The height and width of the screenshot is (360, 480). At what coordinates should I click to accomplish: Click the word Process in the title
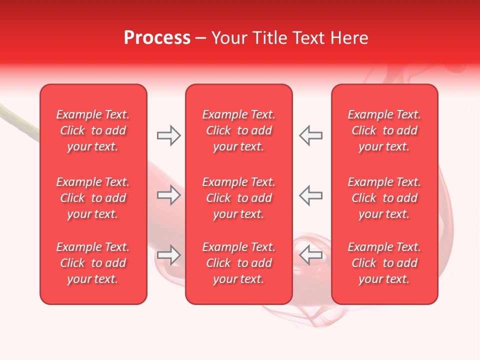[x=157, y=38]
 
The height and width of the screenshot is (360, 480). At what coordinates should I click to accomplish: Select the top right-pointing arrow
[x=169, y=135]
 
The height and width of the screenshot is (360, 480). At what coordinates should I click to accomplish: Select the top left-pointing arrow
[x=311, y=135]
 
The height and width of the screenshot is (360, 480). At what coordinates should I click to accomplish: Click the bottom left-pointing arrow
[x=311, y=255]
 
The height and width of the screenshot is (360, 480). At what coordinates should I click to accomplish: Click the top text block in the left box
[x=93, y=130]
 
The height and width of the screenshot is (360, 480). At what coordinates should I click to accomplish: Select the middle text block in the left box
[x=93, y=198]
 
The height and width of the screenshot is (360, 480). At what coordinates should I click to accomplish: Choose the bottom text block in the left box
[x=93, y=263]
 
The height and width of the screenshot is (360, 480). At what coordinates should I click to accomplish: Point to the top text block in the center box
[x=239, y=130]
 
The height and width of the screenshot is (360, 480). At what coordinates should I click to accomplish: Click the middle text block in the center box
[x=239, y=198]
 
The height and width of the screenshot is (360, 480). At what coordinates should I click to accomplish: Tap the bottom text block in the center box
[x=239, y=263]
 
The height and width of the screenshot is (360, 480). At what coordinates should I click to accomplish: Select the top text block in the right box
[x=384, y=130]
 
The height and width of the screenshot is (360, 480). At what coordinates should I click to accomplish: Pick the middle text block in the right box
[x=384, y=198]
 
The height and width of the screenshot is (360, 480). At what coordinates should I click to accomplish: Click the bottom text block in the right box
[x=384, y=263]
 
